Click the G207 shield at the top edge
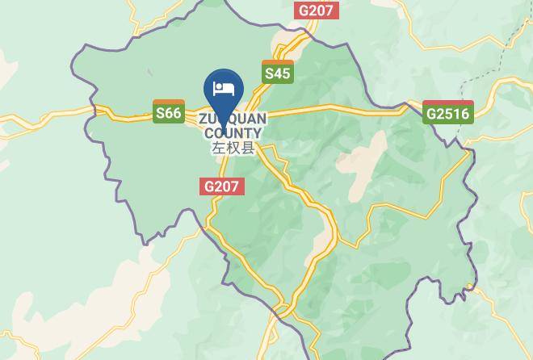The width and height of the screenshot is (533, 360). click(x=317, y=10)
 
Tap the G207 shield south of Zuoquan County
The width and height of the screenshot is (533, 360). click(x=221, y=186)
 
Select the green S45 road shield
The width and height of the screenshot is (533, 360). click(x=277, y=72)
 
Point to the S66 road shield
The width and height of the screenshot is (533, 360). click(x=169, y=111)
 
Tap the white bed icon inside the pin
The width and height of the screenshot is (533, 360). click(x=222, y=87)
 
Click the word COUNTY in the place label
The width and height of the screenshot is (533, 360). click(x=233, y=133)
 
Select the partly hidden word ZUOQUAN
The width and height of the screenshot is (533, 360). click(x=233, y=119)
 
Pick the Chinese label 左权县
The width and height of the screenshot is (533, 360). click(x=233, y=149)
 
